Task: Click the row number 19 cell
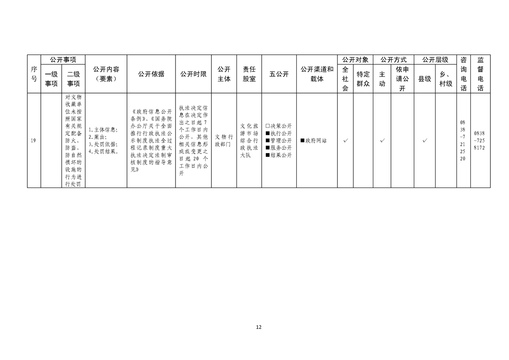pos(33,141)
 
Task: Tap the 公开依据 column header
pos(151,74)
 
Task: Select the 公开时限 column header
pos(193,74)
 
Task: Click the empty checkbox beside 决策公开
pos(268,126)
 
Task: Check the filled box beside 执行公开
pos(268,133)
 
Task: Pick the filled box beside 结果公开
pos(268,155)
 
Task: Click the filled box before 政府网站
pos(303,141)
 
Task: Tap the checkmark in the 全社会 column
pos(345,140)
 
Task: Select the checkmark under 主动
pos(382,140)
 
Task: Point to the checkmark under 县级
pos(425,140)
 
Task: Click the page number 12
pos(259,327)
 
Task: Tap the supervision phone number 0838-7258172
pos(480,140)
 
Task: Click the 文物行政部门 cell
pos(224,141)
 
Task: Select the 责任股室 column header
pos(250,74)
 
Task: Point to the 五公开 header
pos(279,74)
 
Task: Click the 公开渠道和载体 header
pos(317,74)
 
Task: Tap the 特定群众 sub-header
pos(363,79)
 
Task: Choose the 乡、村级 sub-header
pos(445,79)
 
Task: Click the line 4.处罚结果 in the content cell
pos(103,152)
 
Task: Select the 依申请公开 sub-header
pos(402,79)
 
